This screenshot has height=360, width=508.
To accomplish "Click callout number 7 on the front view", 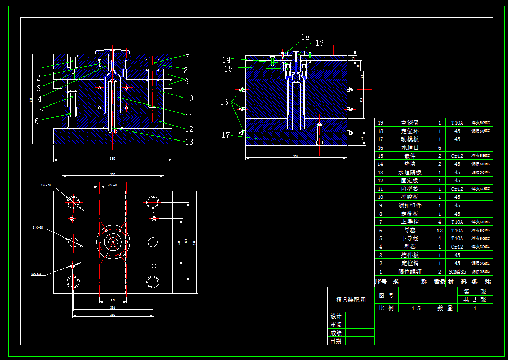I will tap(187, 57).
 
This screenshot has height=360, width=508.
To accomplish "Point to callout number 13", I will tap(189, 142).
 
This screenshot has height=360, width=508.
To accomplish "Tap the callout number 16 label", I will tap(224, 102).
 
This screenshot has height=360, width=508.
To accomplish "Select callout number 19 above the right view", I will tap(319, 43).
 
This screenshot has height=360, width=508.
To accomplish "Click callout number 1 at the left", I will tap(37, 68).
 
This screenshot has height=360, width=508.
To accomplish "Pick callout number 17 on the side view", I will tap(226, 135).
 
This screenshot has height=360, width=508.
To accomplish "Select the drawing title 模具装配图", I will tap(351, 300).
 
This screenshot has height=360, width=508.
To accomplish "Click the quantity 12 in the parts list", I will tap(440, 231).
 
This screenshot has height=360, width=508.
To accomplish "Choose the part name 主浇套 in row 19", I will tap(409, 123).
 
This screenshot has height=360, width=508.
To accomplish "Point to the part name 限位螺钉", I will tap(409, 271).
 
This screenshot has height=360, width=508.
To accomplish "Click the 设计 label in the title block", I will tap(336, 317).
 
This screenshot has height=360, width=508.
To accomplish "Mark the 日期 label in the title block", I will tap(336, 341).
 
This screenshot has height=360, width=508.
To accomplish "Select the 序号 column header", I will tap(380, 282).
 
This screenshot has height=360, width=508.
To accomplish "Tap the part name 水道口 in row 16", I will tap(409, 148).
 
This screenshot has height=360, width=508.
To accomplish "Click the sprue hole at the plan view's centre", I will tap(112, 242).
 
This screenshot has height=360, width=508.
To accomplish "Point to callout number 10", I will tap(189, 99).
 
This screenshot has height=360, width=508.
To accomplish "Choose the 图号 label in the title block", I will tap(386, 295).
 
